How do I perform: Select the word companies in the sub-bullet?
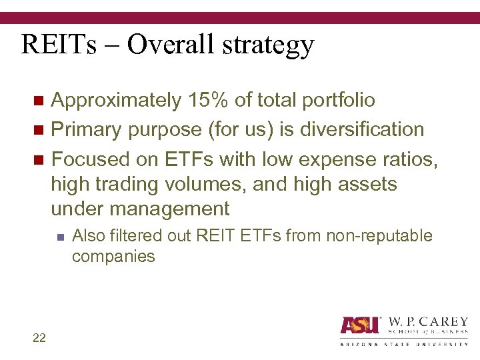[113, 257]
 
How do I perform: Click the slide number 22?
[39, 338]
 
